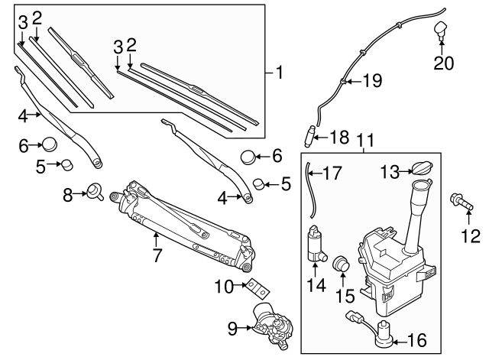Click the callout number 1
[280, 73]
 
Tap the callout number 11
[365, 140]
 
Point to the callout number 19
[371, 80]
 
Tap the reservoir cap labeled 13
[420, 170]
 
